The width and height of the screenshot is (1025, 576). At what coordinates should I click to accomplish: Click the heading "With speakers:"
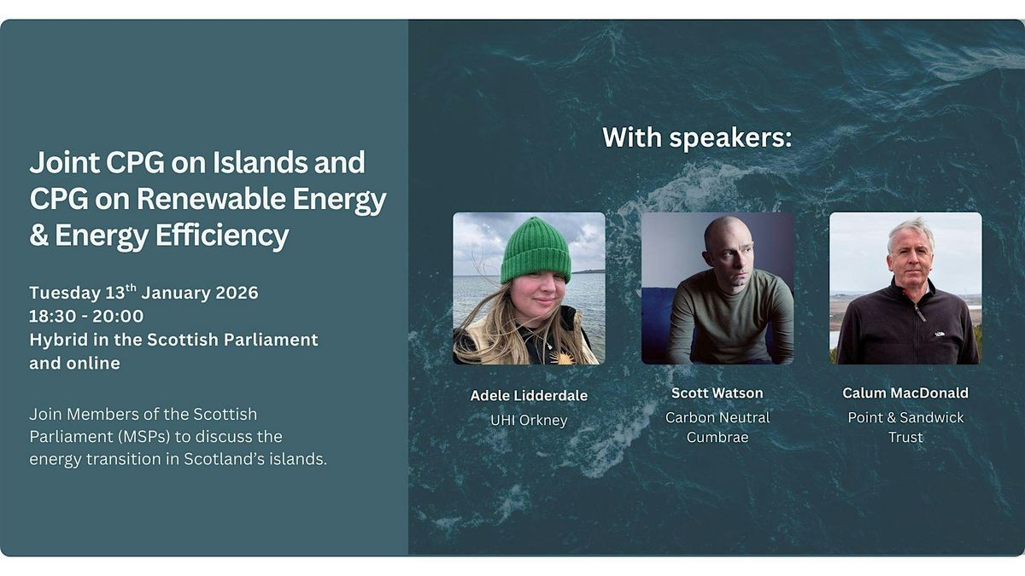[x=697, y=137]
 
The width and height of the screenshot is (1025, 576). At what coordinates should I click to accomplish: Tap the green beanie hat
[x=536, y=250]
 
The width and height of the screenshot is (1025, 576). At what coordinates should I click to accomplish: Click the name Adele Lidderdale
[x=529, y=395]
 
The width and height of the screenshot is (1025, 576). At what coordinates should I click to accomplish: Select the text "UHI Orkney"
[x=529, y=420]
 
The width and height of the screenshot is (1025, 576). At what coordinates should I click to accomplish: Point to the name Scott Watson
[x=717, y=393]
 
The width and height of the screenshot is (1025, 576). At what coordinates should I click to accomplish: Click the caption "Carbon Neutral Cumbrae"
[x=717, y=427]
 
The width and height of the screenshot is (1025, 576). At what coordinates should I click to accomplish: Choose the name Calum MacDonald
[x=905, y=393]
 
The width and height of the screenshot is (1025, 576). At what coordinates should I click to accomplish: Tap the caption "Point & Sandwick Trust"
[x=905, y=427]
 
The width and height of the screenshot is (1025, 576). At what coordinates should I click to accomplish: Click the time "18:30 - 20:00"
[x=86, y=316]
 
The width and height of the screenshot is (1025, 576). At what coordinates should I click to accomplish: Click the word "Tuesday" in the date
[x=65, y=293]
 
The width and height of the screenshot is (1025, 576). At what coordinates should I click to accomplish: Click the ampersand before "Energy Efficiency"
[x=39, y=235]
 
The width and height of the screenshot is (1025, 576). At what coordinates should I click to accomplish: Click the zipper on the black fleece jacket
[x=917, y=306]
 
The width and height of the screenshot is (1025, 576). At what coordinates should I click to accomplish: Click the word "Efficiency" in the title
[x=222, y=236]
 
